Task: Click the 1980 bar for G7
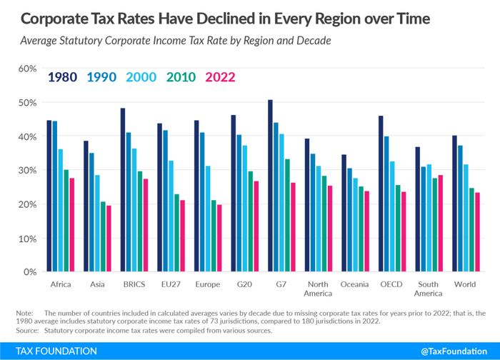(270, 186)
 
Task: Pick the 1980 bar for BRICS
(123, 190)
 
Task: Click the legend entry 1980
(62, 77)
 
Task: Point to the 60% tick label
(27, 69)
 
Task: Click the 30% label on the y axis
(27, 170)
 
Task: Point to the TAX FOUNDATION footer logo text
(51, 351)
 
